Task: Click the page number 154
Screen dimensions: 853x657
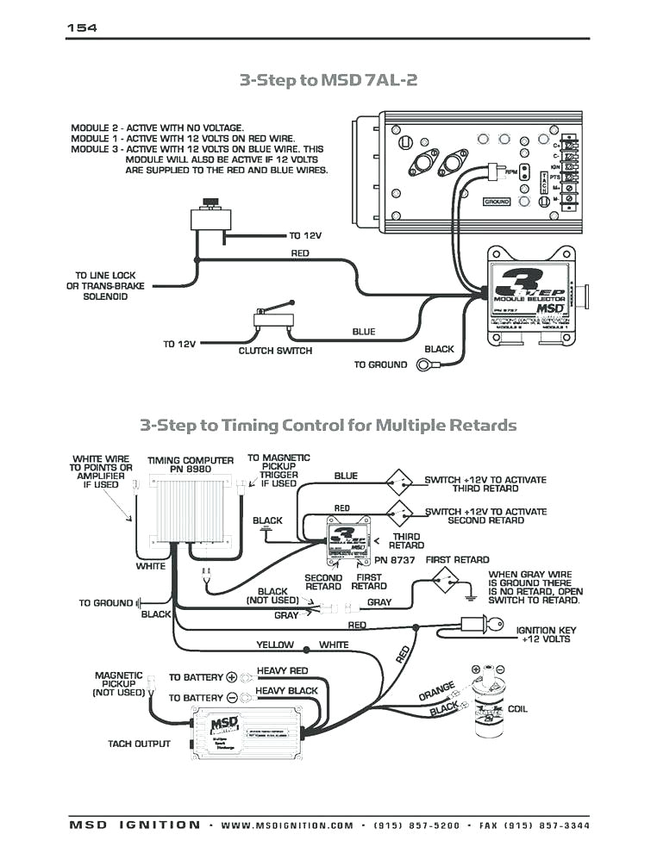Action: pyautogui.click(x=82, y=28)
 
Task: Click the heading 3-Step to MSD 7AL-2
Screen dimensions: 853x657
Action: pyautogui.click(x=328, y=80)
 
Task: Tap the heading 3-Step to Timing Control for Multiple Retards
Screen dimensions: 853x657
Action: pyautogui.click(x=328, y=425)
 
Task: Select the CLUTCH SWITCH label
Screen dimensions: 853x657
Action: pyautogui.click(x=275, y=351)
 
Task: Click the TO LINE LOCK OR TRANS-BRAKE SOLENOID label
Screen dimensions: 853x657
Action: pyautogui.click(x=105, y=286)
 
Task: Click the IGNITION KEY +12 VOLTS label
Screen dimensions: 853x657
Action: pyautogui.click(x=546, y=635)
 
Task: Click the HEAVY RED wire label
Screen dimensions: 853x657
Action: pyautogui.click(x=282, y=671)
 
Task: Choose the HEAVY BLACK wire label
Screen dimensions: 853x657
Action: pyautogui.click(x=286, y=691)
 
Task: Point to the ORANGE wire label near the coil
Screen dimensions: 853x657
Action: pyautogui.click(x=437, y=692)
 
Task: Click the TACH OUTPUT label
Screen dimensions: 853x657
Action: pyautogui.click(x=139, y=744)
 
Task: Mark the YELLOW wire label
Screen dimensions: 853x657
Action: pyautogui.click(x=275, y=644)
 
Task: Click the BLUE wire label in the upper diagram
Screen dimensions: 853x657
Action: pyautogui.click(x=364, y=332)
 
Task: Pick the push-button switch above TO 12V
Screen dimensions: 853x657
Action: pyautogui.click(x=208, y=215)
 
